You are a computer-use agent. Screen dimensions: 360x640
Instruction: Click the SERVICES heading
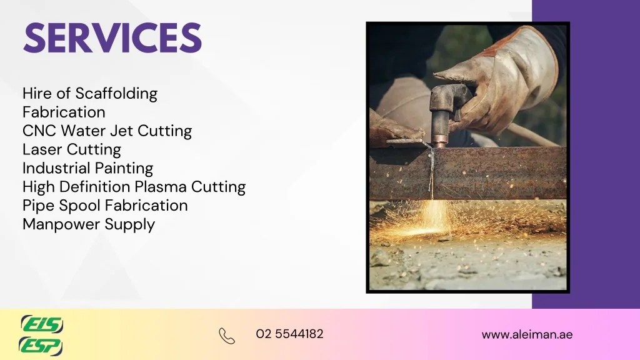112,38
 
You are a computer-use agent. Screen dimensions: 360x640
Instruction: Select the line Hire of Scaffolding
90,94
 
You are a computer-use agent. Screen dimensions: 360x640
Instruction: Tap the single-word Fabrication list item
64,112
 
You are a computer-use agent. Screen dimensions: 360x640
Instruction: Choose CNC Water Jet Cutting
107,131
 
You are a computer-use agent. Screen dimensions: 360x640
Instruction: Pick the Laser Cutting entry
72,150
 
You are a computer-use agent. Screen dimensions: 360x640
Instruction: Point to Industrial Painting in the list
87,168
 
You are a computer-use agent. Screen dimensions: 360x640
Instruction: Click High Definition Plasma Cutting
134,187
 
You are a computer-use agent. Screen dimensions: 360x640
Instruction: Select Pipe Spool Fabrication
105,206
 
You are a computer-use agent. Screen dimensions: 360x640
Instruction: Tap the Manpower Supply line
88,224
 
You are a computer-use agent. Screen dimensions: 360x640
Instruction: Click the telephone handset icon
227,336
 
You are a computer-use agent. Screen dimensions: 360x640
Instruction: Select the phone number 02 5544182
289,334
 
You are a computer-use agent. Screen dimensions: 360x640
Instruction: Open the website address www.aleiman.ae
527,334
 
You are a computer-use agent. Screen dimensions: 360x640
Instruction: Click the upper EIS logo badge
41,324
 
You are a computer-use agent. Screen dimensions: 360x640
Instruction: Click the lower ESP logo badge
41,345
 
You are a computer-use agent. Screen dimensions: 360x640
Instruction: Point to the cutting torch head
449,100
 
